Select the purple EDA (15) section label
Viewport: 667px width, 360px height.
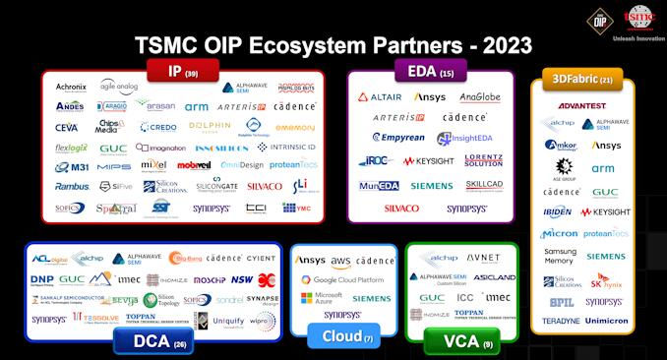(x=429, y=71)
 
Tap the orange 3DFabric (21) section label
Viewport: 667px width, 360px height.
(x=577, y=80)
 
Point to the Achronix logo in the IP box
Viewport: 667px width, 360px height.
(x=71, y=88)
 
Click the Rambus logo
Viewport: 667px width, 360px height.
(x=72, y=186)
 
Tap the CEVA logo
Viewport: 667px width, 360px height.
(x=67, y=127)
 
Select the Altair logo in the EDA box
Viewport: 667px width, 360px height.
(x=379, y=97)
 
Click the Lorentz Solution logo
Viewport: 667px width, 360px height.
(x=484, y=160)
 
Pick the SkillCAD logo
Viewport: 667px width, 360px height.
(x=484, y=185)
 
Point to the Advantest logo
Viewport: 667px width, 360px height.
(x=580, y=105)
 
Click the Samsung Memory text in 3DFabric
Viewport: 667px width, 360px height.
(x=560, y=256)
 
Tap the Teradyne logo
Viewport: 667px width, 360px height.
(x=561, y=321)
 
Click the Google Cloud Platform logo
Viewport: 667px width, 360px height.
(x=343, y=279)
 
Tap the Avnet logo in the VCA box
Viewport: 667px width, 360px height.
(x=482, y=259)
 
